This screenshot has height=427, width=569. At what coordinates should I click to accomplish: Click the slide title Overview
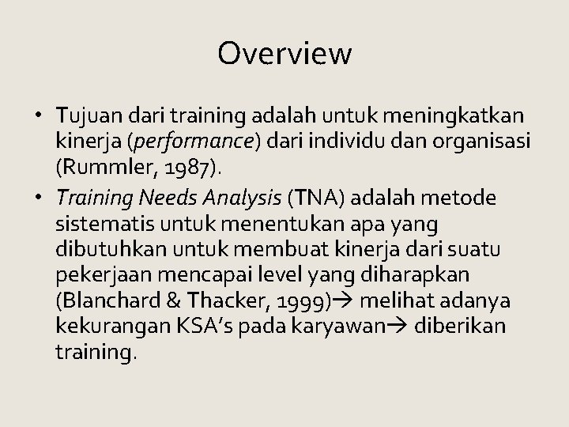click(284, 54)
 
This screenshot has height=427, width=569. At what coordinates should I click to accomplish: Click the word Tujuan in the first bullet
click(86, 118)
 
